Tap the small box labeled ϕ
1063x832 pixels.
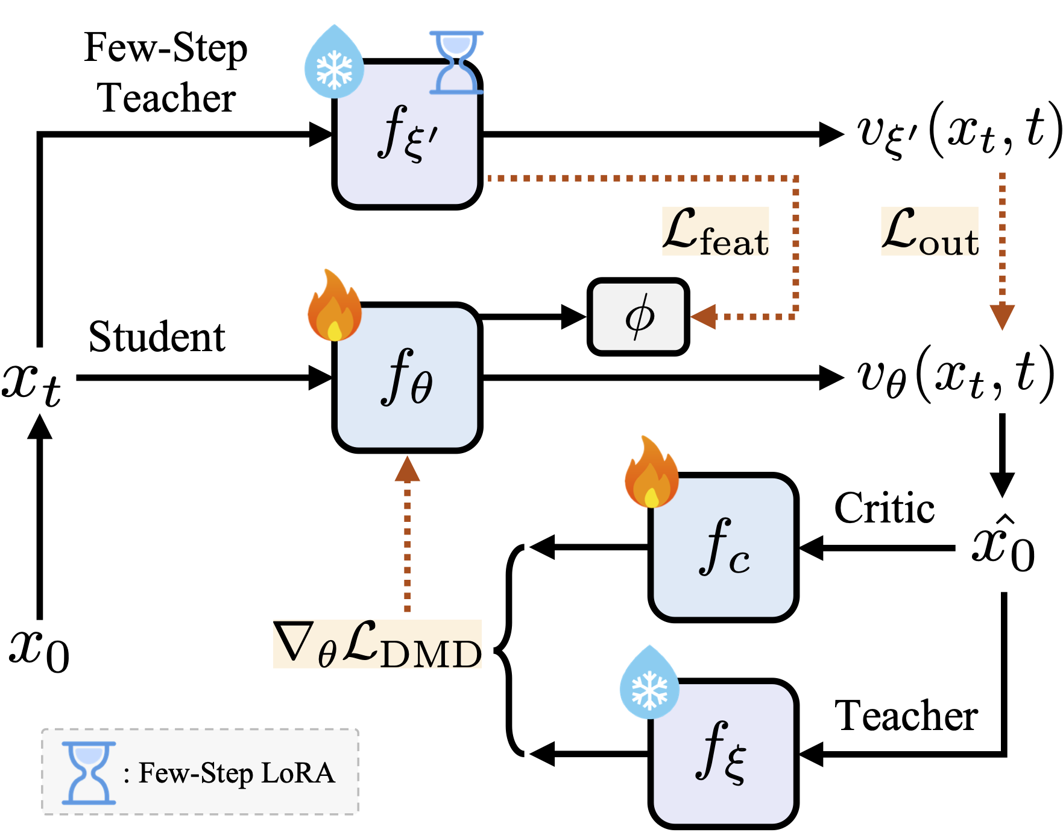click(639, 316)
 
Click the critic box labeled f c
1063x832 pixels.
click(724, 548)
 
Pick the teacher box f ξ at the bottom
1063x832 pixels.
click(724, 754)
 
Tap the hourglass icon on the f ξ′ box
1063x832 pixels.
click(456, 62)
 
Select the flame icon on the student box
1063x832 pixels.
click(334, 306)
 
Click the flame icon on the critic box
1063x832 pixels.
click(651, 474)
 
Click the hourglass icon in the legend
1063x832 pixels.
click(89, 773)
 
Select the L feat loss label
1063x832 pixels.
click(715, 232)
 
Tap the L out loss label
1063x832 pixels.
click(929, 232)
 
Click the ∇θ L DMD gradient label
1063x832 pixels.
click(377, 645)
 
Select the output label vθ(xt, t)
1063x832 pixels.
click(955, 376)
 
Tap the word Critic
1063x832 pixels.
click(884, 508)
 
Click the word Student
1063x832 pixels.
click(157, 337)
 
